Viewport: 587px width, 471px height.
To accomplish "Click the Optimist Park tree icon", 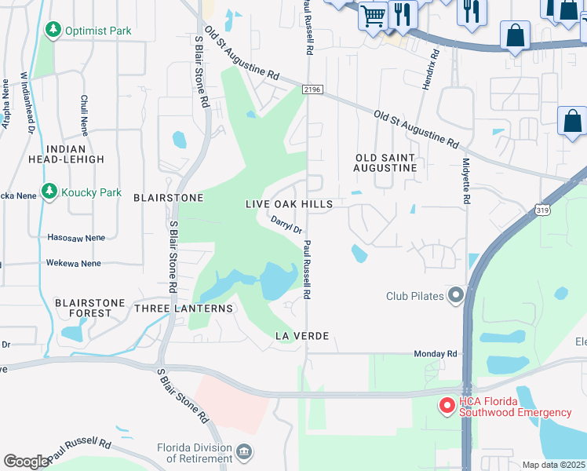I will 53,31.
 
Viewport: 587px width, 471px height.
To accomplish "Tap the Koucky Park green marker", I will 49,192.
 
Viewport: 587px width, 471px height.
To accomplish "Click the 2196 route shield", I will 311,90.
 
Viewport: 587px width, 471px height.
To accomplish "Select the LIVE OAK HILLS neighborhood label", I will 289,204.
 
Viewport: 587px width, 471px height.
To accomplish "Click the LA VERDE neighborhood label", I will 301,336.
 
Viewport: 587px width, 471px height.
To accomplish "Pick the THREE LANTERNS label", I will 184,309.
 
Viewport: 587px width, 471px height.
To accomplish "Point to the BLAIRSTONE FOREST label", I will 83,307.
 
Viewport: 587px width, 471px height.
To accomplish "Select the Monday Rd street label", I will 436,354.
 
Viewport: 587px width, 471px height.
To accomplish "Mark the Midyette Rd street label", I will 465,181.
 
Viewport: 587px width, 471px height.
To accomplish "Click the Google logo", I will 26,462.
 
